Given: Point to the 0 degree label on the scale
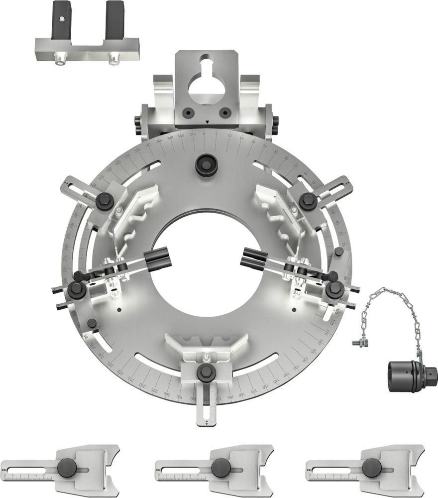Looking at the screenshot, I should tap(205, 133).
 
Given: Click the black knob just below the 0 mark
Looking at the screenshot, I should tap(205, 164).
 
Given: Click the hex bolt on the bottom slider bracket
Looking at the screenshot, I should tap(206, 371).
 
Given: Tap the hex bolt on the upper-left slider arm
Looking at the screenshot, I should tap(104, 200).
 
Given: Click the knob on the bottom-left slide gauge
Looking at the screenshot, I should tap(66, 468).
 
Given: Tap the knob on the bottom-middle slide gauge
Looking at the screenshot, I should tap(219, 468).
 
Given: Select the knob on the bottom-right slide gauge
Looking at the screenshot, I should tap(370, 468).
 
